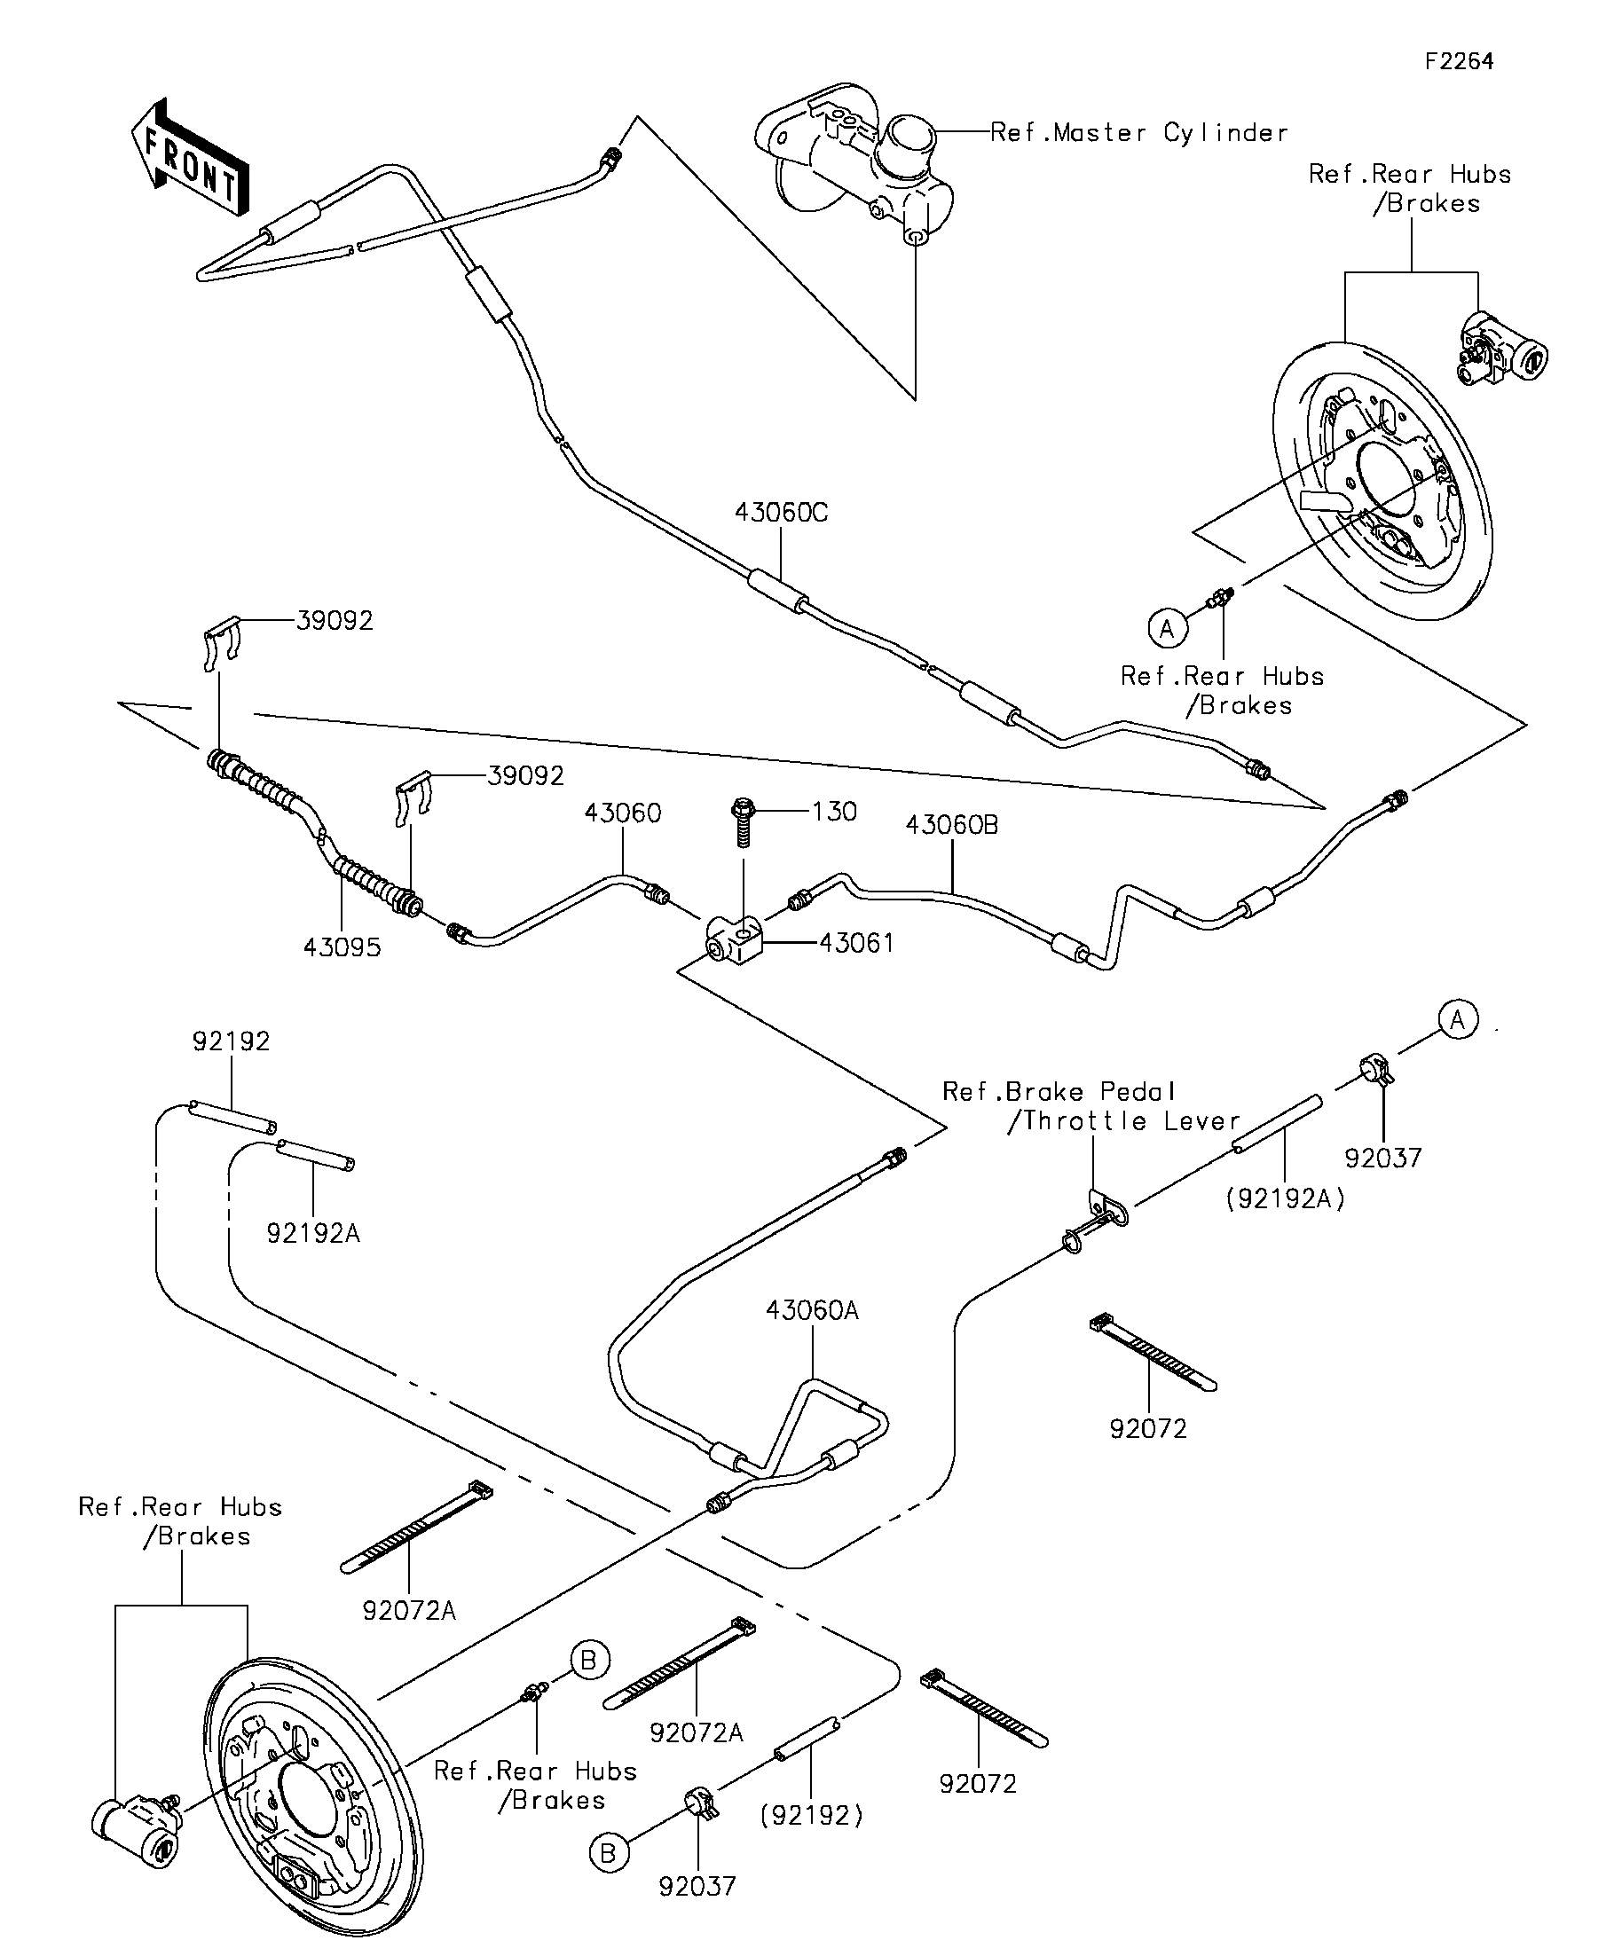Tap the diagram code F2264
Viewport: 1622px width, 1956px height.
(1459, 61)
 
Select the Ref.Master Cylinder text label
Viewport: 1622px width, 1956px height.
(1138, 133)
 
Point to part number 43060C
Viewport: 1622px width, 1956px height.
(781, 513)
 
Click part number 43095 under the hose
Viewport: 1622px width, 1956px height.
(342, 947)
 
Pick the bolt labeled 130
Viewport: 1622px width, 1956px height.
(743, 821)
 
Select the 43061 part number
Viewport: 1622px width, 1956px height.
(856, 944)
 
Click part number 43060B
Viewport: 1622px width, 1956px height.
(951, 825)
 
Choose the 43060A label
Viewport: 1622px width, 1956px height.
(812, 1310)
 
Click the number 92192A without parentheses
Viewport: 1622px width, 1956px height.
(313, 1233)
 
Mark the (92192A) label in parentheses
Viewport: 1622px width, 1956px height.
(1286, 1199)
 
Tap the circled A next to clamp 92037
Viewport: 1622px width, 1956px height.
(1457, 1020)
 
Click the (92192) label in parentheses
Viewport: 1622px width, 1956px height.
(812, 1815)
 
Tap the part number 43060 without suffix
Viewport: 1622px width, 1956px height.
(622, 813)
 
